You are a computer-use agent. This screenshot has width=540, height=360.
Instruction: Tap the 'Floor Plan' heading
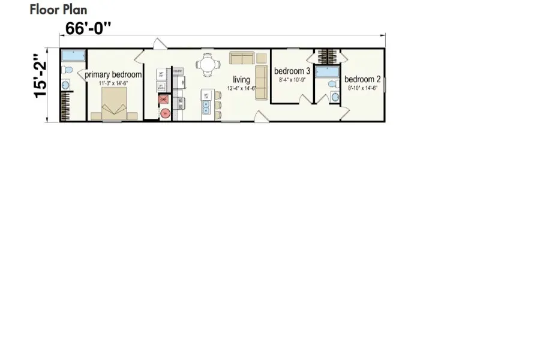(58, 10)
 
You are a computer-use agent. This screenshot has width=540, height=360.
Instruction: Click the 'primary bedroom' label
(113, 75)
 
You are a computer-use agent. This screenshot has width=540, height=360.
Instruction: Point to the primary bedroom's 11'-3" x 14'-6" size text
(113, 83)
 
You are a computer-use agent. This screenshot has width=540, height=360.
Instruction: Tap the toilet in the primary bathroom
(68, 70)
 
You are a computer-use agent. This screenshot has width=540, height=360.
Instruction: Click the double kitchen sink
(206, 107)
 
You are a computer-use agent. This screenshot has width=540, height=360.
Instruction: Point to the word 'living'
(241, 80)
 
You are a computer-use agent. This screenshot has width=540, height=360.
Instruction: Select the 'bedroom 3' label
(292, 71)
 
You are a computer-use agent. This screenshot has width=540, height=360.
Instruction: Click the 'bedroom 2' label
(362, 79)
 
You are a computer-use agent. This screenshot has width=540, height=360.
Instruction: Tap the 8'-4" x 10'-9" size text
(292, 79)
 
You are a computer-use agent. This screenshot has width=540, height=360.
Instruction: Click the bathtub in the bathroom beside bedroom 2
(328, 73)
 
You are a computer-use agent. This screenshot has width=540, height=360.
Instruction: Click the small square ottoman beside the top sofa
(262, 58)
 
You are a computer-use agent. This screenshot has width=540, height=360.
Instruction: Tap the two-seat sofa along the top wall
(242, 58)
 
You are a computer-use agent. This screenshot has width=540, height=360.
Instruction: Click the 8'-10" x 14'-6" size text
(362, 88)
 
